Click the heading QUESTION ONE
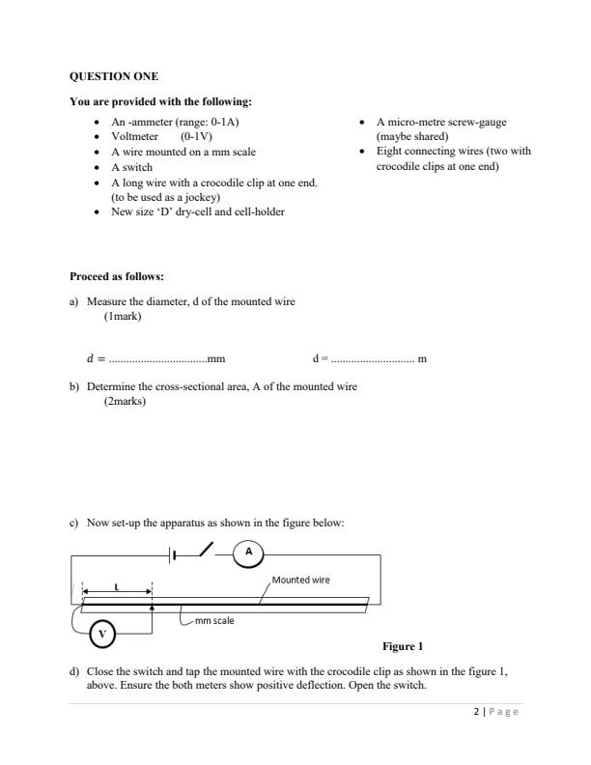[115, 76]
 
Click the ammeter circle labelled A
[248, 552]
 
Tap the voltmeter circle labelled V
[103, 634]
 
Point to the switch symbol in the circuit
[206, 550]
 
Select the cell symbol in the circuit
[174, 553]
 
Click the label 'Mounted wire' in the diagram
[301, 581]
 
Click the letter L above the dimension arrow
[117, 586]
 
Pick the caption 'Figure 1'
[403, 646]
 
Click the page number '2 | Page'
[495, 712]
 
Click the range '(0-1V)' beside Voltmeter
[196, 137]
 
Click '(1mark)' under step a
[123, 315]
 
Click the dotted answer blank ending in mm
[165, 359]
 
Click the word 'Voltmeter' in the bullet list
[135, 137]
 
